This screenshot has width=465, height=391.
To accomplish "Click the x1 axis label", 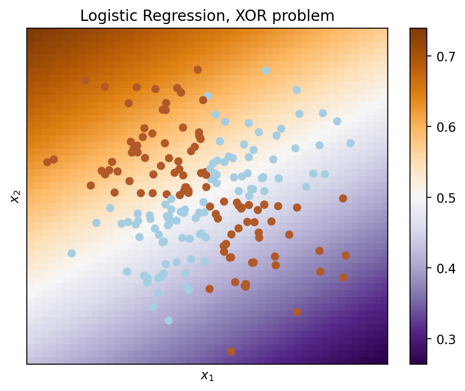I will [x=207, y=376].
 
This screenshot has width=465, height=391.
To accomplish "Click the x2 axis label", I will [x=15, y=196].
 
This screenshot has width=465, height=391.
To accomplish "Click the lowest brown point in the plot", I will [x=231, y=351].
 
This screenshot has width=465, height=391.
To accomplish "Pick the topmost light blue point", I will [x=266, y=70].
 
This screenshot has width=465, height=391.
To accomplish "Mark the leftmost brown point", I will [x=47, y=162].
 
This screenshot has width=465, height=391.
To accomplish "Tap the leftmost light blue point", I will [x=71, y=253].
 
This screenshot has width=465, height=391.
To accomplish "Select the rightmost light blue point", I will [x=350, y=143].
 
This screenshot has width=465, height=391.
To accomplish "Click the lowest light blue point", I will [x=169, y=321].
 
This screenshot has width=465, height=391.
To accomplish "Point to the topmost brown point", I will [x=198, y=70].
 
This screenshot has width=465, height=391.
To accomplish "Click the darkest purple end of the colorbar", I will [x=418, y=362].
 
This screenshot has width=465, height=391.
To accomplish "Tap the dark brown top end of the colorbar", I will [x=418, y=30].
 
